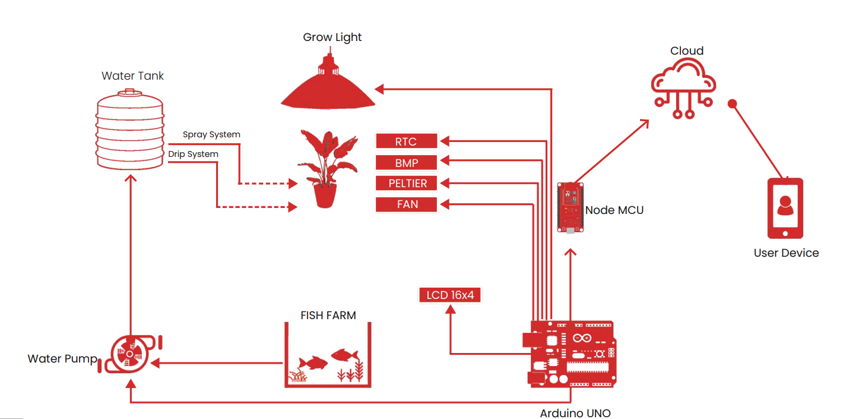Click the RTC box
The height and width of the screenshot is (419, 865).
click(x=407, y=141)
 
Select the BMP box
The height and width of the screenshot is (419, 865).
click(x=407, y=162)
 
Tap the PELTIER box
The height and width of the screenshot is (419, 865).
click(x=407, y=183)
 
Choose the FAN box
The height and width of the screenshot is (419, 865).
click(x=407, y=204)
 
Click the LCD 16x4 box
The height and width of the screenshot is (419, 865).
click(x=450, y=295)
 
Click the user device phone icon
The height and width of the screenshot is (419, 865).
click(x=785, y=208)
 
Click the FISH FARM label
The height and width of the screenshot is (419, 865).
click(x=328, y=316)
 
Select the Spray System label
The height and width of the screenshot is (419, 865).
click(x=211, y=134)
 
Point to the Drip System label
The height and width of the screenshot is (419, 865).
click(x=193, y=154)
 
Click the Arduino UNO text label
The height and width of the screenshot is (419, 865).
click(x=575, y=413)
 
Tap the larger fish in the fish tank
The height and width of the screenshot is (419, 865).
click(x=344, y=355)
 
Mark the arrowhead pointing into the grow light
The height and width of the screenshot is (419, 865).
click(x=380, y=89)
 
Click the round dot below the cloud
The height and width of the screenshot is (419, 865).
click(x=732, y=103)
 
